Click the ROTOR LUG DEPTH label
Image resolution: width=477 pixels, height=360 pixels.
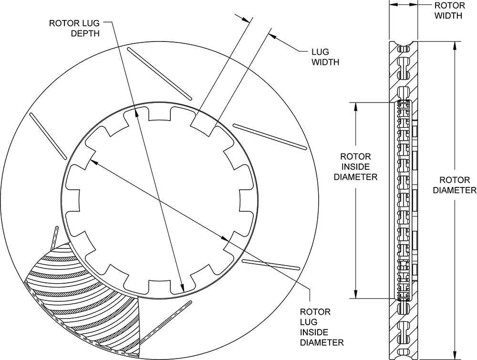pyautogui.click(x=74, y=28)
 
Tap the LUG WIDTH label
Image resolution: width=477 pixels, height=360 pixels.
pyautogui.click(x=326, y=56)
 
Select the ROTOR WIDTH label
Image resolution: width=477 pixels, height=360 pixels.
pyautogui.click(x=448, y=10)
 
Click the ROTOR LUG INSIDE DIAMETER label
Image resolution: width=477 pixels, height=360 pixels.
pyautogui.click(x=321, y=327)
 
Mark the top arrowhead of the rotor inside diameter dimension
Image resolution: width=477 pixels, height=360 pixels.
pyautogui.click(x=355, y=105)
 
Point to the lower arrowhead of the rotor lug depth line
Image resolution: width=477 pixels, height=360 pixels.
pyautogui.click(x=182, y=288)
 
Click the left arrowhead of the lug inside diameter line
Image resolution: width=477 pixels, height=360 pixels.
pyautogui.click(x=93, y=162)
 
